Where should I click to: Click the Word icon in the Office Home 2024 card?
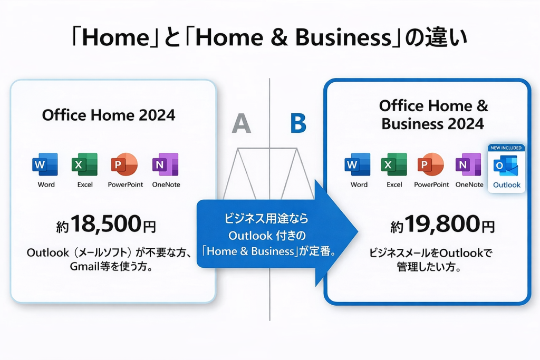tap(45, 164)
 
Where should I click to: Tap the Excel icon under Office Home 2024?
tap(84, 164)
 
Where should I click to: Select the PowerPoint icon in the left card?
tap(124, 164)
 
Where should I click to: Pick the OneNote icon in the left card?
tap(165, 164)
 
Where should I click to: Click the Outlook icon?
tap(506, 166)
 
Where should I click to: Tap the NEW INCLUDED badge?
tap(506, 148)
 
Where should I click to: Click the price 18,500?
tap(106, 224)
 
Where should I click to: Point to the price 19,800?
tap(442, 224)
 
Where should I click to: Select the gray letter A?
tap(241, 123)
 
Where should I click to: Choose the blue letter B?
tap(298, 123)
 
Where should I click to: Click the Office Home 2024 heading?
tap(109, 115)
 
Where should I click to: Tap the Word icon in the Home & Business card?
tap(358, 164)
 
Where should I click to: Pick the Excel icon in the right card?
tap(394, 164)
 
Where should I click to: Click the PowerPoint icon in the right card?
tap(430, 164)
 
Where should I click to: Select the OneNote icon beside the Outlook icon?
tap(468, 164)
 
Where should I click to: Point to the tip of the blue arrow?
tap(358, 231)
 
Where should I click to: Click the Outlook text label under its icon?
tap(507, 185)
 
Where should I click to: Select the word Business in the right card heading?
tap(409, 124)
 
